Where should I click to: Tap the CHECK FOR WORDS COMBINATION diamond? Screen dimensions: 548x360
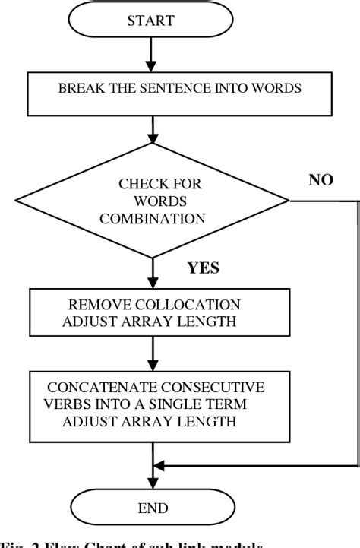click(153, 201)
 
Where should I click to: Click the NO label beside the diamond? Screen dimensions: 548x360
click(321, 181)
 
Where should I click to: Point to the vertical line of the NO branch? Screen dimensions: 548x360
click(357, 334)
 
